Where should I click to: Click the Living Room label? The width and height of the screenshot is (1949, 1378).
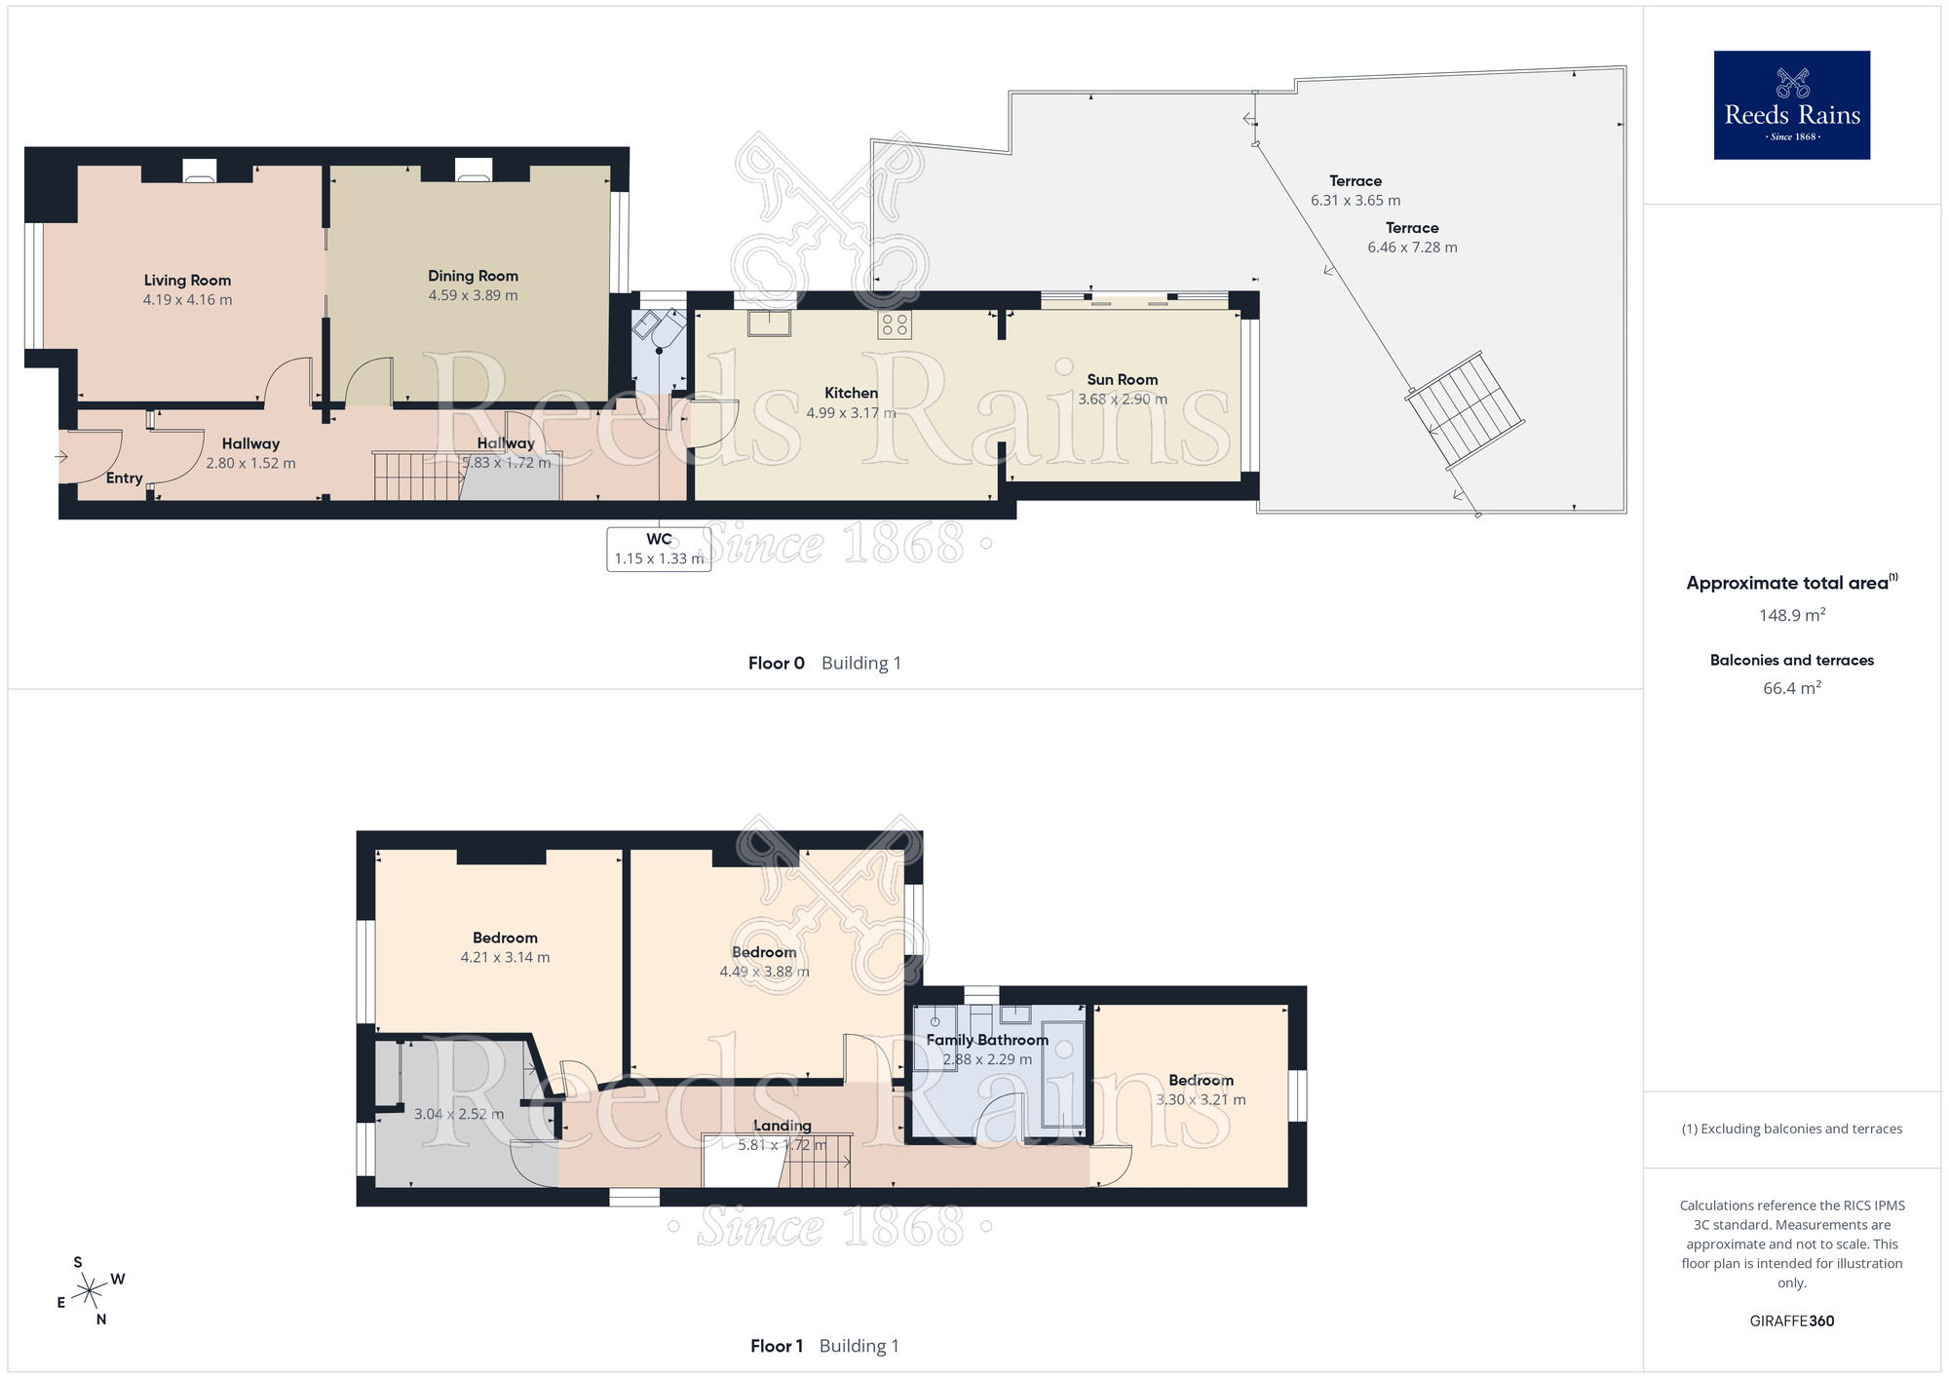pos(187,281)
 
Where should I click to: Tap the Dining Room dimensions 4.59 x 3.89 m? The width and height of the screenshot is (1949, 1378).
pos(473,295)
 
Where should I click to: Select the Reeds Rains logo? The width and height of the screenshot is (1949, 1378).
pos(1791,105)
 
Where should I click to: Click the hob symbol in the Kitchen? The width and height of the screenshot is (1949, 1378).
pos(895,325)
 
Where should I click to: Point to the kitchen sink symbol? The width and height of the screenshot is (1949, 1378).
pos(769,323)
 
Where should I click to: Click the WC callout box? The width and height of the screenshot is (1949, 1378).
pos(659,549)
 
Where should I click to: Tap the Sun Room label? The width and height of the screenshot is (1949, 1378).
pos(1122,380)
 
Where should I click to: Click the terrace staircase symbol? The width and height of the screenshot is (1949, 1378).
pos(1466,410)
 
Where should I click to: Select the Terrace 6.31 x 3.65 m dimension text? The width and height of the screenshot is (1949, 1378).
pos(1355,201)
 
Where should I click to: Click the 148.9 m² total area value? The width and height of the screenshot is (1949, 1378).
pos(1791,615)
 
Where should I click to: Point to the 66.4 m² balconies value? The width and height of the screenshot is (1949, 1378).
pos(1791,688)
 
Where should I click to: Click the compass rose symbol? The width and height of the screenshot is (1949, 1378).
pos(91,1291)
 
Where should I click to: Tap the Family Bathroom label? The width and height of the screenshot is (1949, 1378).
pos(986,1040)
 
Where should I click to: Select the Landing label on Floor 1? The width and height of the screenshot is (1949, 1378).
pos(782,1126)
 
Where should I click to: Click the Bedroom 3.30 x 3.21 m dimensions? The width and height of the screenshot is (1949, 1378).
pos(1201,1100)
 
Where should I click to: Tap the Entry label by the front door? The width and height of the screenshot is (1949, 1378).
pos(124,478)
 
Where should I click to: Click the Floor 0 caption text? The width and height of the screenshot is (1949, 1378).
pos(776,664)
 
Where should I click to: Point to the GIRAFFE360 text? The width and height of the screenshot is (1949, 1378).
pos(1791,1321)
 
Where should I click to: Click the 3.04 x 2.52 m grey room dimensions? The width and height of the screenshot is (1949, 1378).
pos(459,1114)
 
